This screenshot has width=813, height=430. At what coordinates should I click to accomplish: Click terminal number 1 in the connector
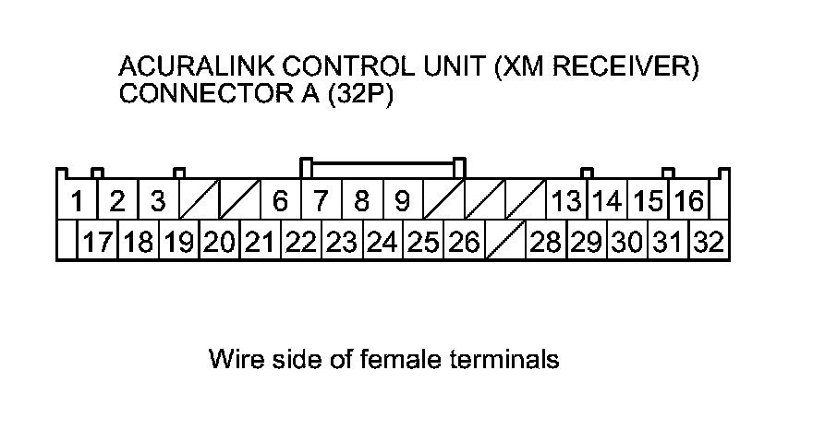[79, 200]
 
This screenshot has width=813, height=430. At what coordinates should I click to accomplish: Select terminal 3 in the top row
[158, 200]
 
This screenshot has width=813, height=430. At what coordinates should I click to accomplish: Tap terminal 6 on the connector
[281, 200]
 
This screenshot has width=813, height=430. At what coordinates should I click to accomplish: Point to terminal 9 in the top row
[402, 200]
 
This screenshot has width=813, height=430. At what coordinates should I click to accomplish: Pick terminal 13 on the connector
[565, 200]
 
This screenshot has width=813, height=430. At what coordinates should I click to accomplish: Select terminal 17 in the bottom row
[98, 242]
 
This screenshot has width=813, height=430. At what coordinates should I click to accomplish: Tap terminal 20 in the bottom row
[220, 242]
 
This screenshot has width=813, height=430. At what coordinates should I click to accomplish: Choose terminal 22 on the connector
[301, 242]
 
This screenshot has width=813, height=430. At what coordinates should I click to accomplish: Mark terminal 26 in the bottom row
[464, 242]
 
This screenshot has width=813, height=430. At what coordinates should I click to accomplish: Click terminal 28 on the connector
[546, 242]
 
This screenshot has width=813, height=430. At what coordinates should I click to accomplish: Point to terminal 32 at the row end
[709, 242]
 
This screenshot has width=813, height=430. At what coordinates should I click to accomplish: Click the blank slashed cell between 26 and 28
[504, 242]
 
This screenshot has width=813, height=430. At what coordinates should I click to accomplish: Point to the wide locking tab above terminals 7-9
[383, 167]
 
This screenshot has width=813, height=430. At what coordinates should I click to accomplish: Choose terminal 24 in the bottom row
[382, 242]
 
